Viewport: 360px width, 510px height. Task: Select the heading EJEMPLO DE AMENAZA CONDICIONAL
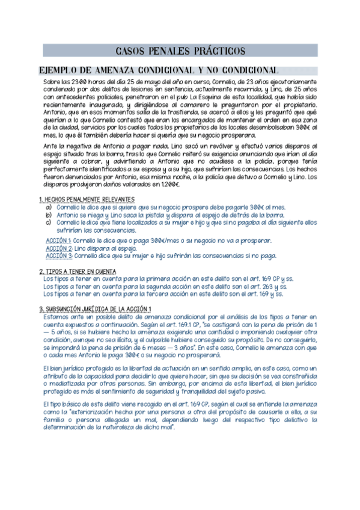157,70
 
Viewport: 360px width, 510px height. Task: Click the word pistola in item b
171,215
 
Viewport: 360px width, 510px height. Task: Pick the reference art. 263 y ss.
267,287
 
